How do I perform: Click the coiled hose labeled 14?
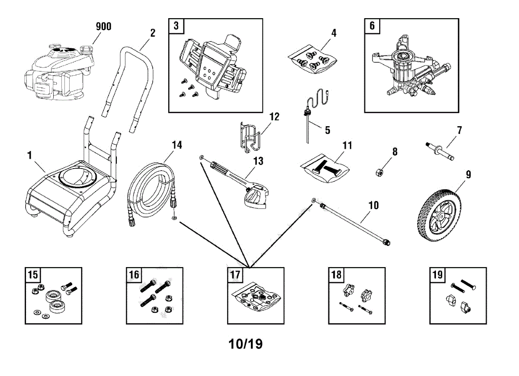pyautogui.click(x=151, y=190)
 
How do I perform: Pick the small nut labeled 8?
pyautogui.click(x=379, y=172)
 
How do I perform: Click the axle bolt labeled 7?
pyautogui.click(x=439, y=152)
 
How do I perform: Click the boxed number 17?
pyautogui.click(x=234, y=274)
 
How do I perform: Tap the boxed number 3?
pyautogui.click(x=176, y=25)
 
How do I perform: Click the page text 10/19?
pyautogui.click(x=246, y=344)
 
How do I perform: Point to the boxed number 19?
pyautogui.click(x=437, y=274)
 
